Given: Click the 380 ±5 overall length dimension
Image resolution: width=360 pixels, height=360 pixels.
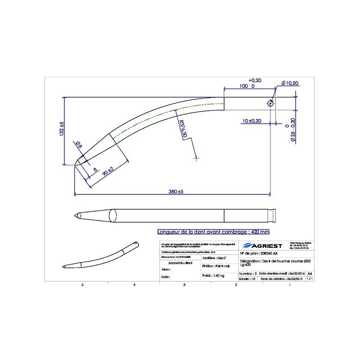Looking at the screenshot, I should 173,192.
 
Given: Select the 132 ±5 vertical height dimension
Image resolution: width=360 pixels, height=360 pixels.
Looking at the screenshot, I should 62,130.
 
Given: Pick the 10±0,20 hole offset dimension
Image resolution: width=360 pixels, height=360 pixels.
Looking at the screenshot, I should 252,121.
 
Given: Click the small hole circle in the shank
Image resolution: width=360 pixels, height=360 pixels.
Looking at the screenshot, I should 270,103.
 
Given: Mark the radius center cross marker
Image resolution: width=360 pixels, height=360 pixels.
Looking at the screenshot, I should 196,158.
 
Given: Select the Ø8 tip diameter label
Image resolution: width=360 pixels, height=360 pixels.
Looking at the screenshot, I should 78,144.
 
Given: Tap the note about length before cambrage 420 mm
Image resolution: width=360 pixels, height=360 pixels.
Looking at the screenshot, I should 212,232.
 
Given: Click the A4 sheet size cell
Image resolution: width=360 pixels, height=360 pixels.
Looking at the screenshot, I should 309,273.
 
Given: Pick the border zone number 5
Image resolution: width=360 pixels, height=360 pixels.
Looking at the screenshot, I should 82,285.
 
